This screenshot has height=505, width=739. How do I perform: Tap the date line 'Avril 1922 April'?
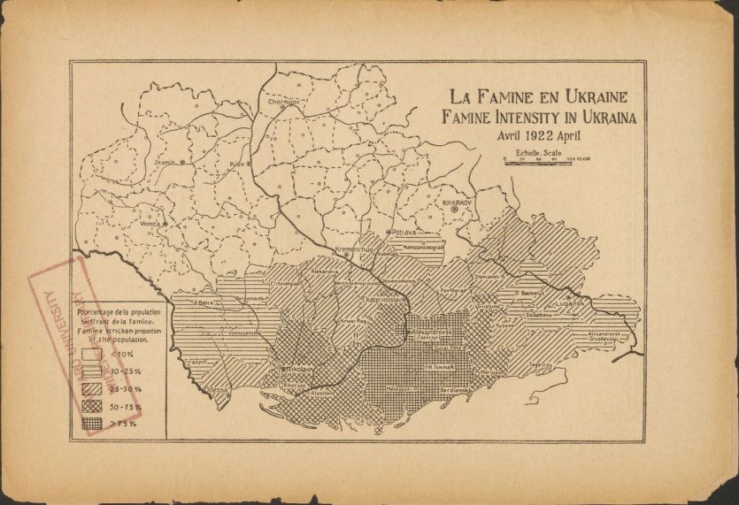pyautogui.click(x=539, y=135)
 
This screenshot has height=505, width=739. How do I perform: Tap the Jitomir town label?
pyautogui.click(x=166, y=163)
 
